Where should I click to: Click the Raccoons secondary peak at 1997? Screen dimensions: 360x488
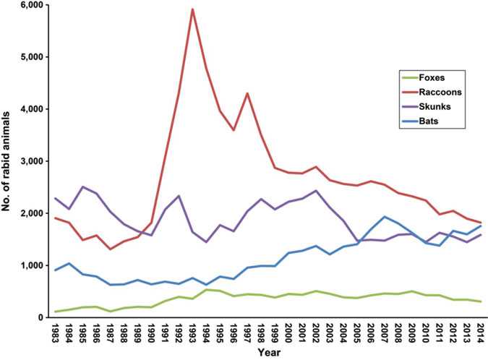point(248,93)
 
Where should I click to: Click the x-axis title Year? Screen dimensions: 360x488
point(267,353)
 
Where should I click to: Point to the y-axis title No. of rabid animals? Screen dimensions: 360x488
point(8,160)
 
